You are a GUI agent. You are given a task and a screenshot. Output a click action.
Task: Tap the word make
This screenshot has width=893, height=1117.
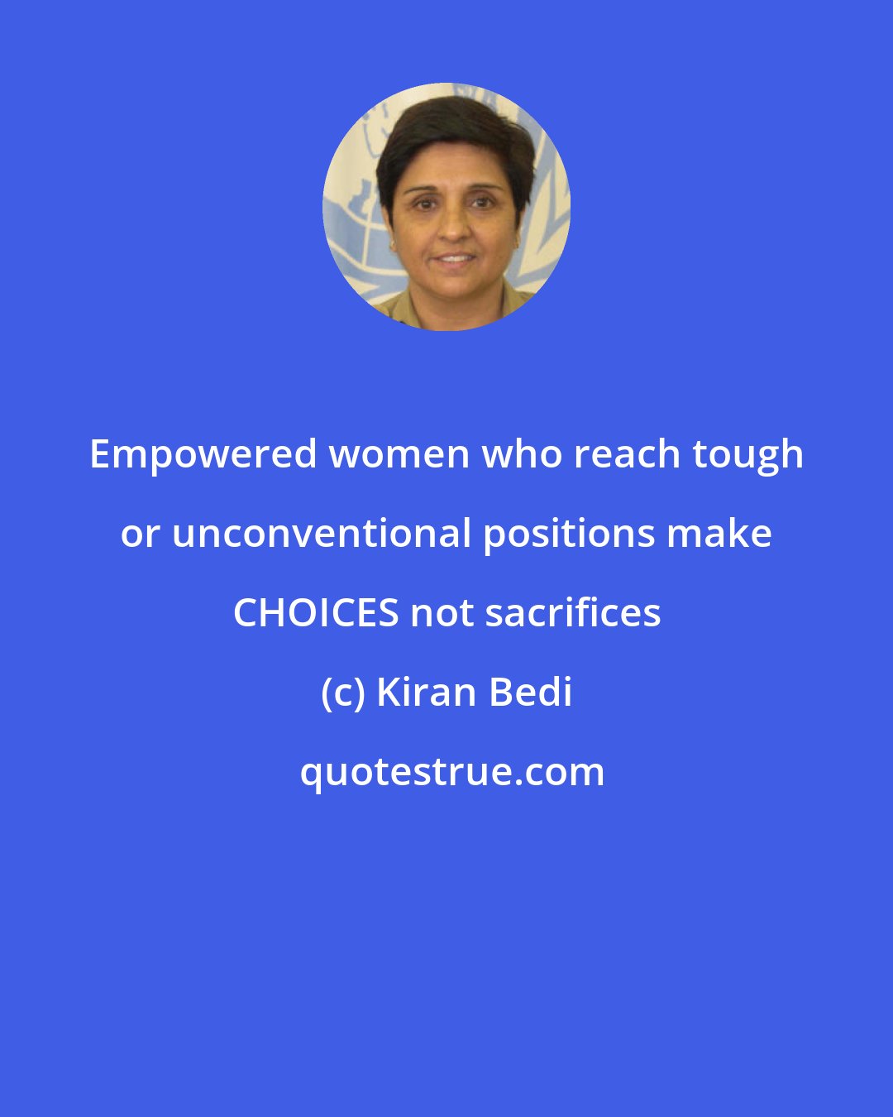719,533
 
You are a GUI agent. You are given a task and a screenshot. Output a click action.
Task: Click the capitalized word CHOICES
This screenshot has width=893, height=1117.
316,613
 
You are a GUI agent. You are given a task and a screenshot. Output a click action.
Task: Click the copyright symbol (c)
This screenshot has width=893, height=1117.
342,693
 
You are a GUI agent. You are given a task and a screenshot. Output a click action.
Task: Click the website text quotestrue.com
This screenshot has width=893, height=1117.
452,773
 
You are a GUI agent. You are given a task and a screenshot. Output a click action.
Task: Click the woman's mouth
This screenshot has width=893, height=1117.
455,258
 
